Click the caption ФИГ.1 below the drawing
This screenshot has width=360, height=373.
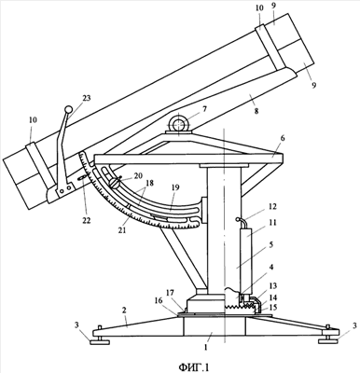click(x=194, y=367)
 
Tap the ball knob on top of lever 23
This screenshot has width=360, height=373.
click(x=68, y=109)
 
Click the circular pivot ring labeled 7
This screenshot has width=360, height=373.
click(x=178, y=123)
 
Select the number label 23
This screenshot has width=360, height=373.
click(x=87, y=98)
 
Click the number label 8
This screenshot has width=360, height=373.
click(x=256, y=111)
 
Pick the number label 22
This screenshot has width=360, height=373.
click(x=86, y=220)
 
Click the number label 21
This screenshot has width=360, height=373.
click(x=122, y=230)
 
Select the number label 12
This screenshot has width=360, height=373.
click(x=272, y=207)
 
